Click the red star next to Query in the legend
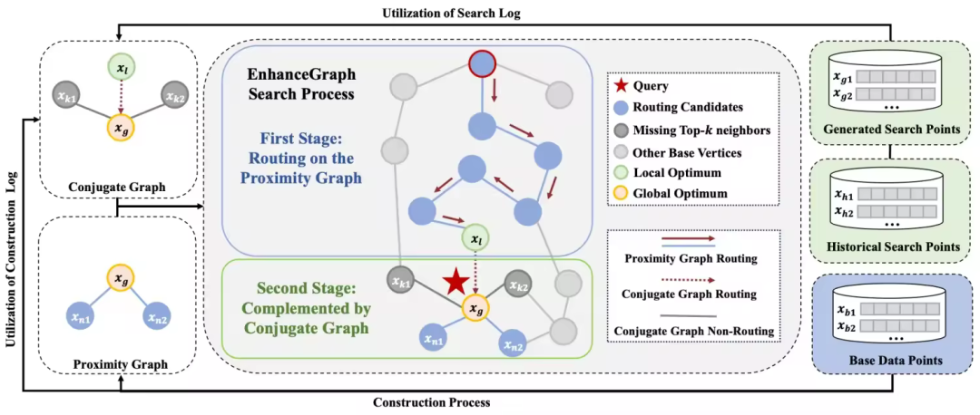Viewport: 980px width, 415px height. point(622,87)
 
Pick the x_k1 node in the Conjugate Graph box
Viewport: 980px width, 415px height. point(64,94)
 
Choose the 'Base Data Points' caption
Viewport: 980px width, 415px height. point(891,361)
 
